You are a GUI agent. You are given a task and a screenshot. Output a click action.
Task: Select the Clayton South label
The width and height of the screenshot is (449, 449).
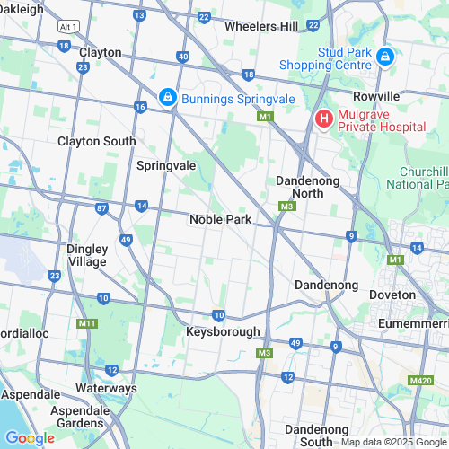(x=97, y=141)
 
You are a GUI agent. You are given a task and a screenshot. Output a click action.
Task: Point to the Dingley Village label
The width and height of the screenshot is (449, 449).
(x=87, y=255)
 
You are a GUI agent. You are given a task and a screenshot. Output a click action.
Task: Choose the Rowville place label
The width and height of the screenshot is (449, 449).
(x=376, y=96)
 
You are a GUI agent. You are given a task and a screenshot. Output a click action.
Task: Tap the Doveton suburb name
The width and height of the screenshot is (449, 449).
(x=392, y=295)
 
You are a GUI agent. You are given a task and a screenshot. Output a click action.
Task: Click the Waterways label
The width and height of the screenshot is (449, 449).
(x=106, y=388)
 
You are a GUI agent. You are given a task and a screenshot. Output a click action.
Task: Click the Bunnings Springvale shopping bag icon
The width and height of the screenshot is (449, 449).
(x=167, y=97)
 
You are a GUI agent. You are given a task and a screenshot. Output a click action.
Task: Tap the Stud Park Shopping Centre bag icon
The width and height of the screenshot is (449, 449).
(x=385, y=57)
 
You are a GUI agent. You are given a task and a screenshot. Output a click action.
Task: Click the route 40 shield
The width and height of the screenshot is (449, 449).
(x=183, y=57)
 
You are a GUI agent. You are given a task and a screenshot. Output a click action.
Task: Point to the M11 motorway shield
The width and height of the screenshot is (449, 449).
(x=87, y=323)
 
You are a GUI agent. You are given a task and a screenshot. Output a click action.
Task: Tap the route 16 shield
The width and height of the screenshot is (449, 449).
(x=139, y=107)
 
